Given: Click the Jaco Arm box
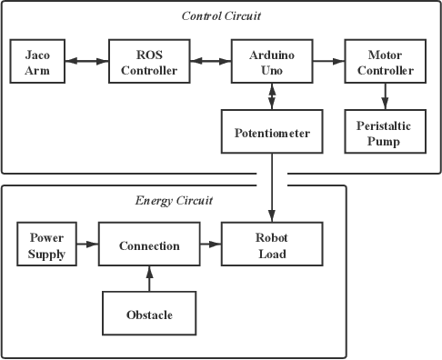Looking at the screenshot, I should point(36,61).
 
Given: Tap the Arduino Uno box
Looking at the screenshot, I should point(270,61).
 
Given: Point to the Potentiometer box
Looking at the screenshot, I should point(271,133).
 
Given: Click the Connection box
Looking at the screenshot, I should point(149,245).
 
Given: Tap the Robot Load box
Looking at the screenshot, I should point(271,245).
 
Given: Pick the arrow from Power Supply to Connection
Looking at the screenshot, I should point(87,245).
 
